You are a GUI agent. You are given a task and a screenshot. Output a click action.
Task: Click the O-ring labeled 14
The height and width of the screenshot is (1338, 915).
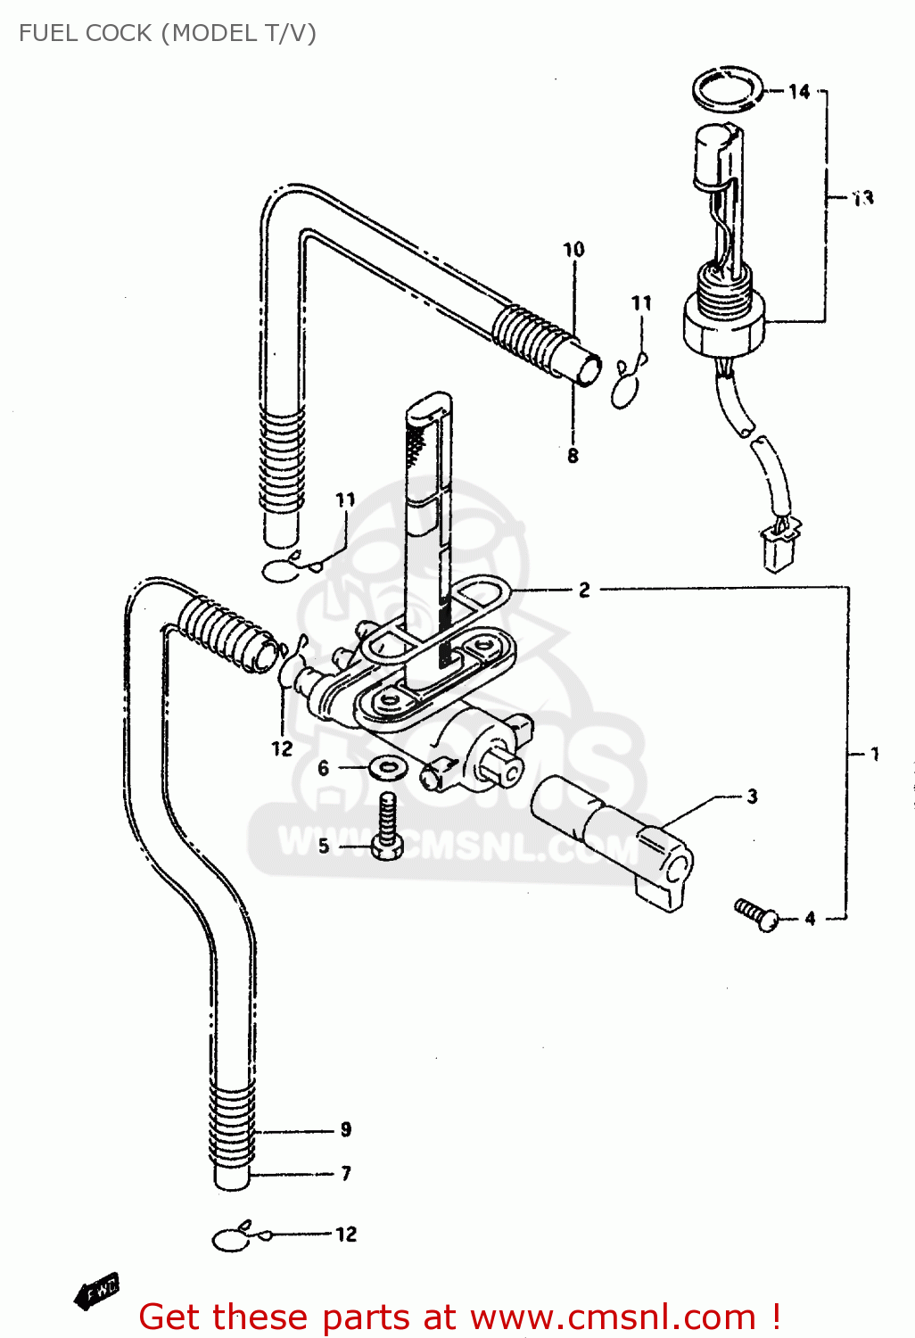[728, 89]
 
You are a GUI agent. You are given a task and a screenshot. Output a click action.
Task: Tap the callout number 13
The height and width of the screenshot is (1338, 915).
[862, 199]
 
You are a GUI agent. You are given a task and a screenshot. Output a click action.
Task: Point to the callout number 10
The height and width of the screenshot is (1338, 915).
[573, 250]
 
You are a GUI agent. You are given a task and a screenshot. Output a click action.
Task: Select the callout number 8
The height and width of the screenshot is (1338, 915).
[573, 456]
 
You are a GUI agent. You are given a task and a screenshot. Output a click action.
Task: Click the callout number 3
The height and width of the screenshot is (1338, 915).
[752, 797]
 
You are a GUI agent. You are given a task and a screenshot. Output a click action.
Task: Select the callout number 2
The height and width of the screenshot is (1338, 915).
[584, 590]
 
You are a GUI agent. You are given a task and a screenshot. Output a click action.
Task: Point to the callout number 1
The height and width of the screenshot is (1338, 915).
[875, 755]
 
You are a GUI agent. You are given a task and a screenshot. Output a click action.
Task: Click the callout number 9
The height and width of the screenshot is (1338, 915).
[346, 1130]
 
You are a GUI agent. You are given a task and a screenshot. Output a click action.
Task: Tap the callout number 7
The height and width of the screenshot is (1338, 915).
[346, 1173]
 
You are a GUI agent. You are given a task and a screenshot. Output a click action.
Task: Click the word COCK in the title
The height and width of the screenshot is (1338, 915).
[120, 33]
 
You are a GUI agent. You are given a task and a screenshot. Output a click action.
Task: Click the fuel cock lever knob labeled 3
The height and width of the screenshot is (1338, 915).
[615, 838]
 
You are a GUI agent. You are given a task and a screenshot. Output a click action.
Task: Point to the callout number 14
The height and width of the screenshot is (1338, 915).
[799, 92]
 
